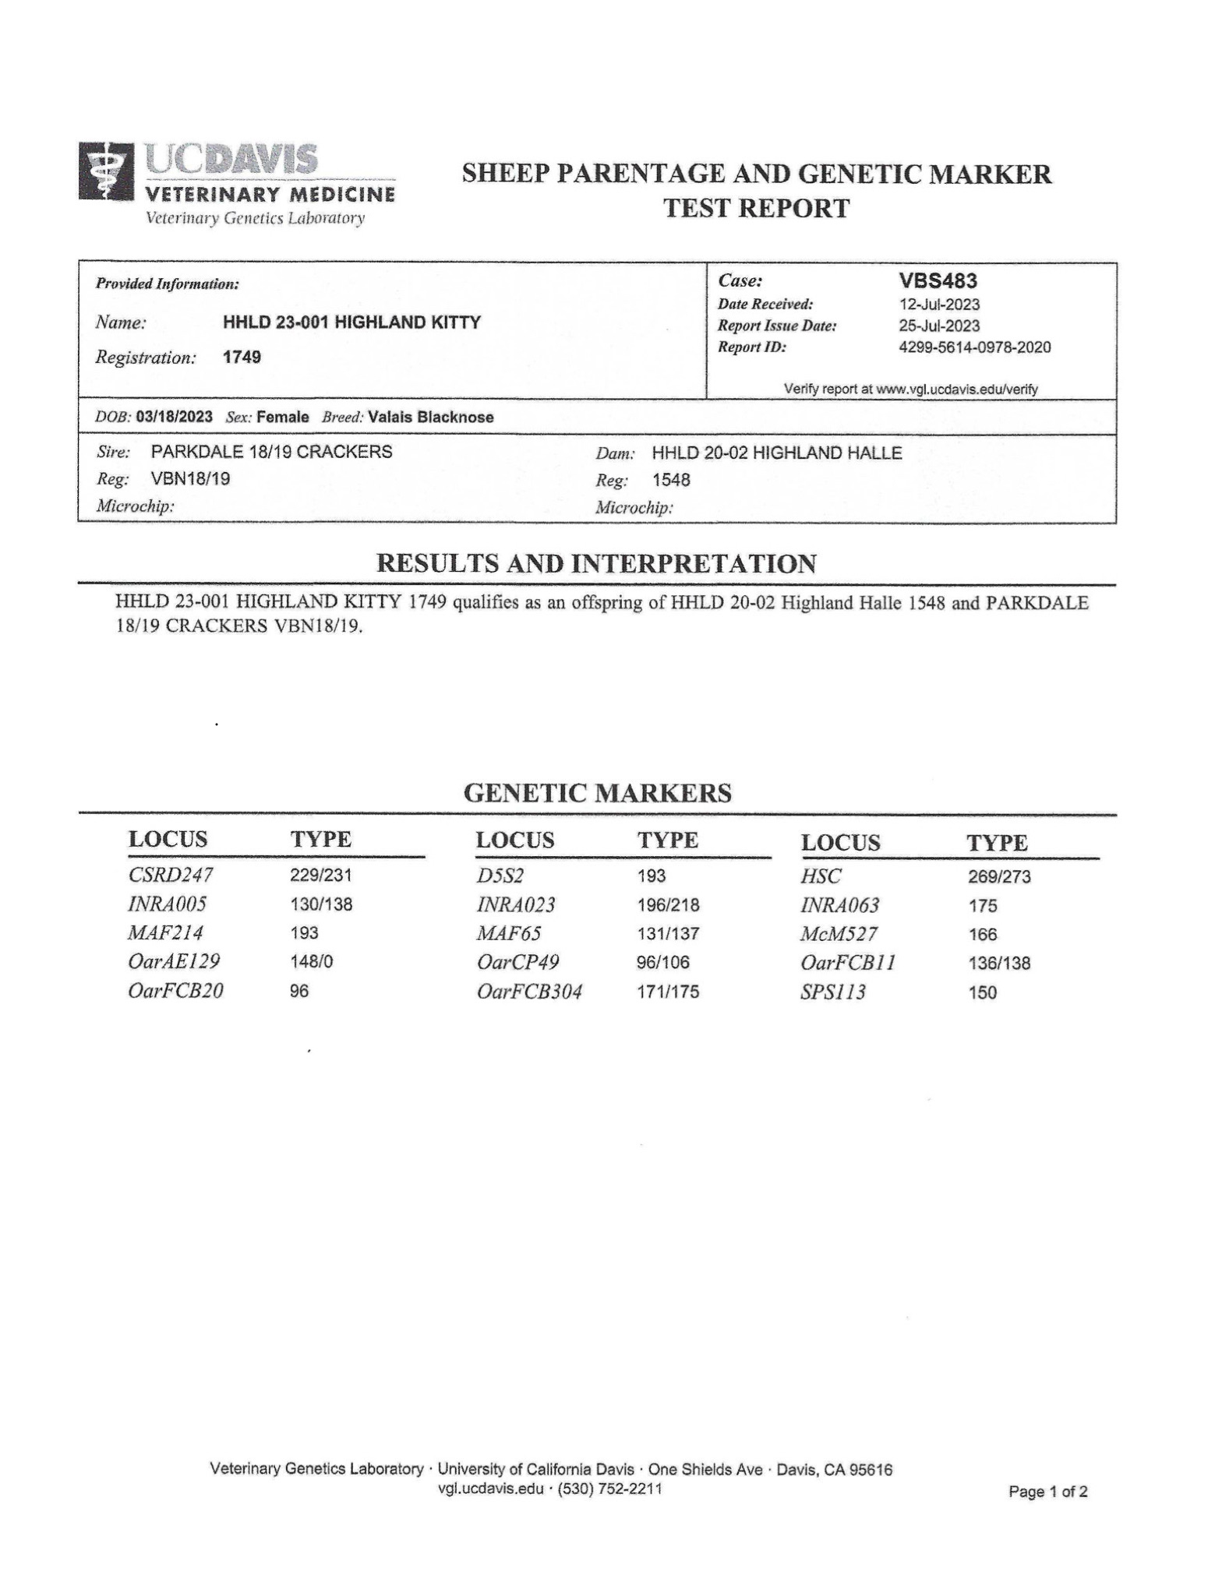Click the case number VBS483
(x=938, y=280)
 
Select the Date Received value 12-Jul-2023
(x=939, y=305)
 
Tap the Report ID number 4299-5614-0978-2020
(x=974, y=347)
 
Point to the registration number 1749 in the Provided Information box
(x=242, y=358)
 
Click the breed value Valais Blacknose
(x=431, y=418)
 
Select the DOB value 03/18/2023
(x=174, y=417)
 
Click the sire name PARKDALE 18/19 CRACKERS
(x=271, y=452)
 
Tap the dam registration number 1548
(x=671, y=480)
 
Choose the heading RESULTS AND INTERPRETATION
(x=596, y=563)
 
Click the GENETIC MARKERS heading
(x=597, y=793)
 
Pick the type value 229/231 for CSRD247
(x=321, y=876)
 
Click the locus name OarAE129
(x=174, y=962)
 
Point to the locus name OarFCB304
(x=529, y=992)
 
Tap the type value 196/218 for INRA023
(x=668, y=905)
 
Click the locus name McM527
(x=839, y=934)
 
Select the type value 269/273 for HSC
(x=999, y=877)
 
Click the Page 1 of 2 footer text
(x=1048, y=1492)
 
